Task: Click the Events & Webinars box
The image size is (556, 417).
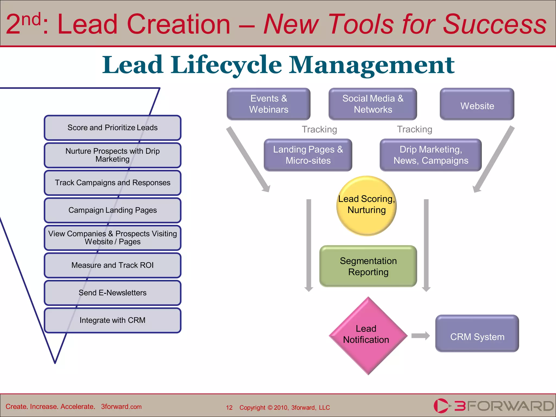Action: [x=268, y=104]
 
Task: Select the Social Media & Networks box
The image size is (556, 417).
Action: [x=372, y=104]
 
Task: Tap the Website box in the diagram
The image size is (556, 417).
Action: [x=477, y=104]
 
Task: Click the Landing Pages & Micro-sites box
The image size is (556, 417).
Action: [x=308, y=155]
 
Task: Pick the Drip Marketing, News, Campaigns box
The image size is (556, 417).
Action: [x=431, y=155]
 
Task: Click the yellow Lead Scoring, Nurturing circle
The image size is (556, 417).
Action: [x=367, y=206]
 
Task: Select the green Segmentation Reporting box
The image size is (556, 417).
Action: [x=368, y=266]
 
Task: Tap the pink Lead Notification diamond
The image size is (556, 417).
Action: [x=368, y=336]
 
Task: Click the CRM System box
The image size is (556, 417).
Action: [x=477, y=334]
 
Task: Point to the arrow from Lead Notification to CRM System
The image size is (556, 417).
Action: [x=421, y=336]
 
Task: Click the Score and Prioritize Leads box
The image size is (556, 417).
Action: [x=112, y=128]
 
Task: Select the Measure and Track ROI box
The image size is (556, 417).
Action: [x=112, y=265]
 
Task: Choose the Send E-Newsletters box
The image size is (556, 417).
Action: [x=112, y=293]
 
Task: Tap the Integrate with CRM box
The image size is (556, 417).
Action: [x=112, y=320]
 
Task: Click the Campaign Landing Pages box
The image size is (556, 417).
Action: [x=112, y=210]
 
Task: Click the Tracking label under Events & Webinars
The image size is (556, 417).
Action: [x=319, y=129]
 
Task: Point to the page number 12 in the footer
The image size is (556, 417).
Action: [x=229, y=407]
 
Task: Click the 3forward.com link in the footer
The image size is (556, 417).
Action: [x=121, y=407]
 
